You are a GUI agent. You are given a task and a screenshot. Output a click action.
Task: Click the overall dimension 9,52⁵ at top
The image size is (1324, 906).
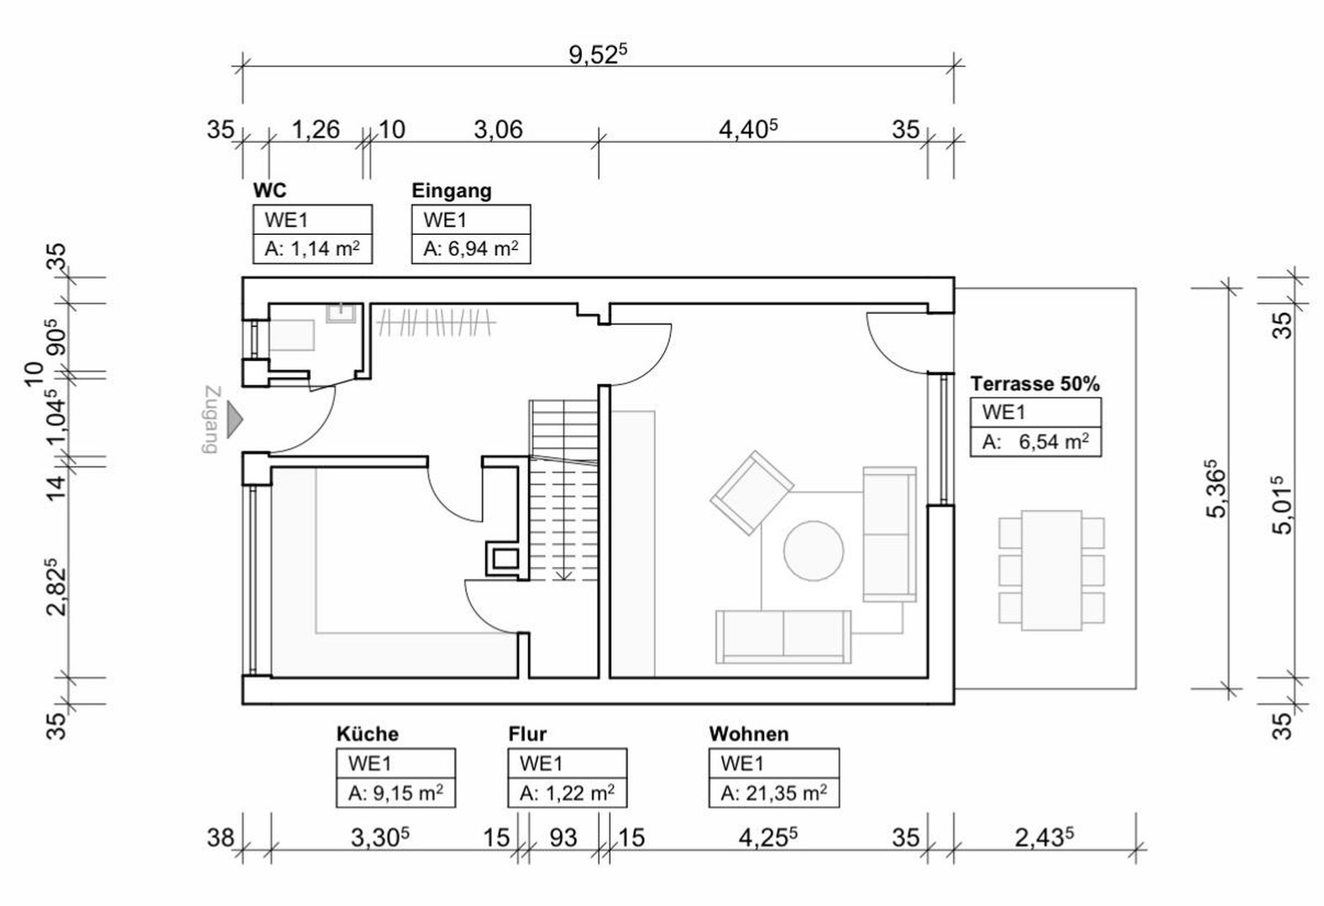[x=597, y=55]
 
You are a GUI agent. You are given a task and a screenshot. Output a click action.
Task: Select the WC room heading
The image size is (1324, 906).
[x=270, y=190]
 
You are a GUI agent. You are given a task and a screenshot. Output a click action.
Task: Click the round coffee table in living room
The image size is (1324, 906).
[x=814, y=551]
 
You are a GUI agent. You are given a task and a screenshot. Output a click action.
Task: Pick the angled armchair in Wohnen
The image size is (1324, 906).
[x=751, y=493]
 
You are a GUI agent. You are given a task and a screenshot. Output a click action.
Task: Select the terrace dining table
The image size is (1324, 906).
[x=1051, y=570]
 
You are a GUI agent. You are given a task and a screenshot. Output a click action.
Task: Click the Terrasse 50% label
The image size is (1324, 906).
[x=1034, y=384]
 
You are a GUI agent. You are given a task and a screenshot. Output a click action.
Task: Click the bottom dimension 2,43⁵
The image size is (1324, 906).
[x=1044, y=837]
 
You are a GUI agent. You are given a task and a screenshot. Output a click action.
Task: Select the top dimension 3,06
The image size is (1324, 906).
[x=498, y=130]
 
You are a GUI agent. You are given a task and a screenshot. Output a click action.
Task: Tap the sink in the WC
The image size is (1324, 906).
[x=341, y=313]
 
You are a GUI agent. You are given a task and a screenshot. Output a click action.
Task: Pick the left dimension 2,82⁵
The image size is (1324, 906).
[x=56, y=586]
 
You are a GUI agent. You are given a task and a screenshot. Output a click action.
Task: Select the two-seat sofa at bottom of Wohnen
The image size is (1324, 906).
[x=782, y=635]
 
